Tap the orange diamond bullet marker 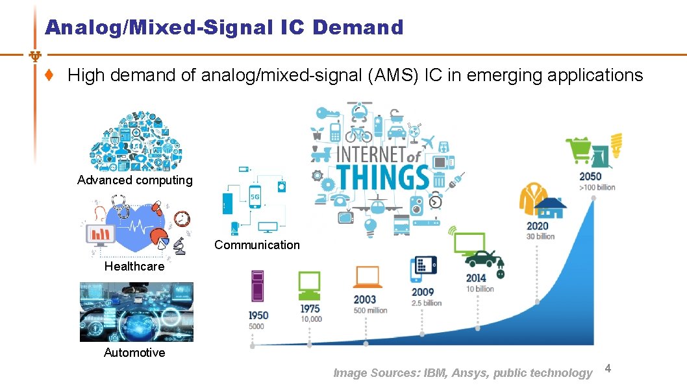(x=49, y=75)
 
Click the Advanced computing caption (x=135, y=180)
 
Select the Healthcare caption (x=134, y=267)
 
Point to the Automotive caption (x=134, y=353)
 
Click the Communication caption (x=257, y=245)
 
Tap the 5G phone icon (x=255, y=197)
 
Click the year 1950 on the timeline (x=258, y=315)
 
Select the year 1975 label (x=310, y=309)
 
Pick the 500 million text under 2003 (x=370, y=311)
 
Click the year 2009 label (x=423, y=292)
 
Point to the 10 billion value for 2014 (x=480, y=289)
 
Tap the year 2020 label (x=537, y=226)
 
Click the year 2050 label (x=591, y=176)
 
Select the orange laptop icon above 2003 (x=368, y=277)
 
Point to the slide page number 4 (x=608, y=369)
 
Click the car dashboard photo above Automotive (x=136, y=312)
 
